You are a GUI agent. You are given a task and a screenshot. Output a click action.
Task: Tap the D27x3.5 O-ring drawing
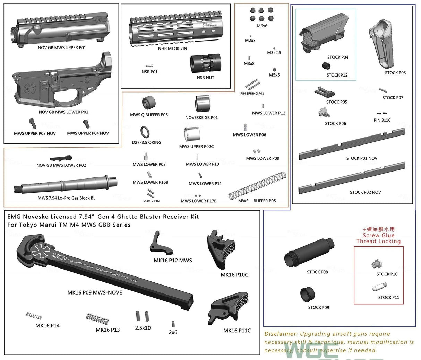point(146,132)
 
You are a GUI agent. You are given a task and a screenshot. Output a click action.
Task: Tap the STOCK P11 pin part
point(380,287)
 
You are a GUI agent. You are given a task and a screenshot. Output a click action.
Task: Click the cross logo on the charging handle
point(40,250)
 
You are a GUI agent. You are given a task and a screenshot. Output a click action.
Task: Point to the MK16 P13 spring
point(97,319)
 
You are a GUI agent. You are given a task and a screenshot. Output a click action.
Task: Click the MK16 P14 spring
point(34,316)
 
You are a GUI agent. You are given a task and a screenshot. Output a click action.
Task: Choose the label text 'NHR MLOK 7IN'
point(172,49)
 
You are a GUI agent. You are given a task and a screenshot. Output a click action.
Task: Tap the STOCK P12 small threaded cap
point(326,66)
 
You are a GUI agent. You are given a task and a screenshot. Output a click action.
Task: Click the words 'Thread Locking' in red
point(378,241)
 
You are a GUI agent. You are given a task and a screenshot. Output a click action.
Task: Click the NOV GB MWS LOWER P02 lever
point(61,159)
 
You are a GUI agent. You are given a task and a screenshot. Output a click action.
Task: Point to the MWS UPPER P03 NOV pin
point(33,123)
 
